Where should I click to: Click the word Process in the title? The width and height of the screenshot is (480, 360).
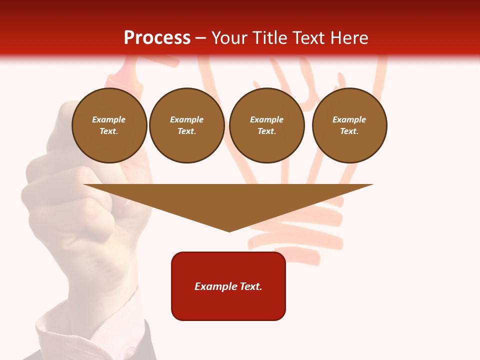pos(157,38)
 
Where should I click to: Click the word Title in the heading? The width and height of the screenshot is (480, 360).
pos(271,38)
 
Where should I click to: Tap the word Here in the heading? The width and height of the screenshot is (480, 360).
pos(349,38)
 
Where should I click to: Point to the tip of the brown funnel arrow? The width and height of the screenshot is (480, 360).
pos(229,231)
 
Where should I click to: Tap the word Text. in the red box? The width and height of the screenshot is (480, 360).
pos(251,286)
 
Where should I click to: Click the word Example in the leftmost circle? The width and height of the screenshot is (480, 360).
pos(109,119)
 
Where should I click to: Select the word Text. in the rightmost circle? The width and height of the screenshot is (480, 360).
pos(349,131)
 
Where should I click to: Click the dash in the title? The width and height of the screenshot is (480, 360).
pos(201,38)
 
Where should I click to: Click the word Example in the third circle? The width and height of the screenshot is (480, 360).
pos(266,119)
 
